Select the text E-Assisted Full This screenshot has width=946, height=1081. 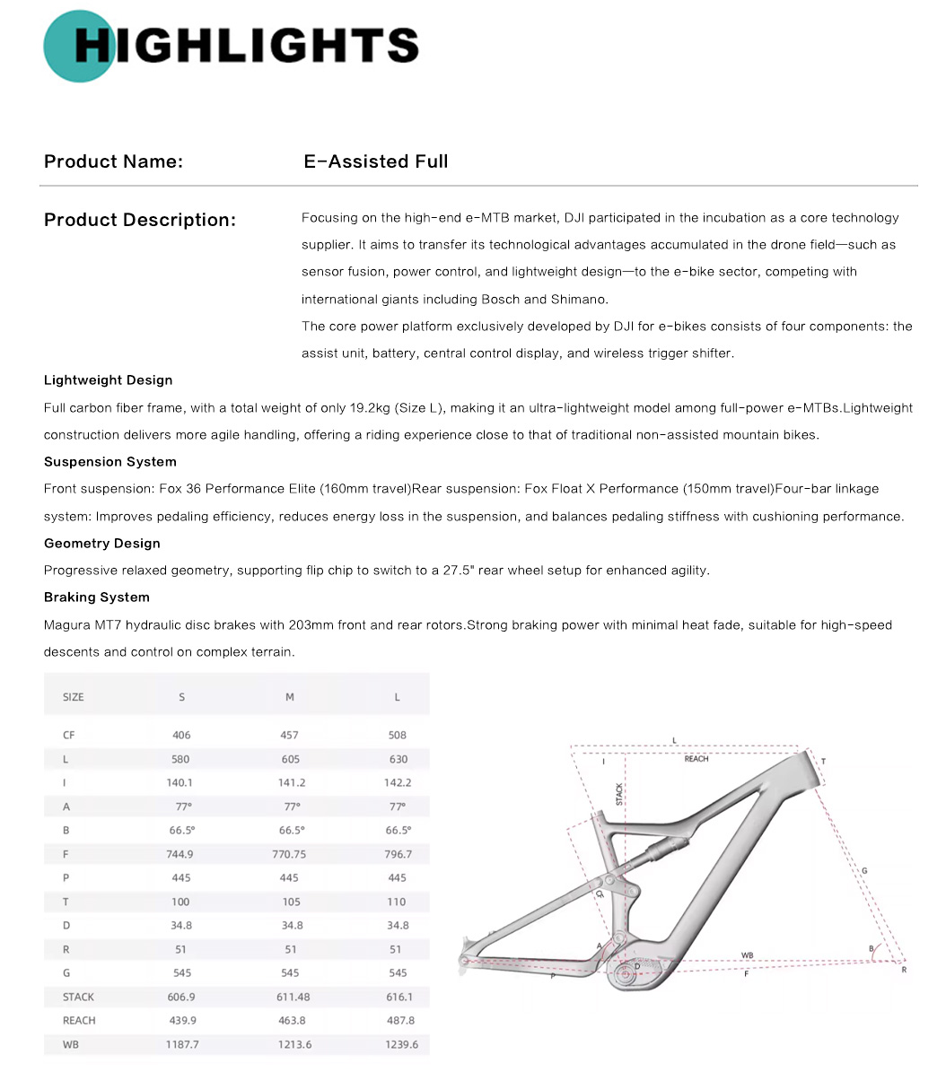point(376,161)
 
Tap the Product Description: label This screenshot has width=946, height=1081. point(140,220)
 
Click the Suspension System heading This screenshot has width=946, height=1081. point(110,462)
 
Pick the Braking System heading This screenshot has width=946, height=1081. point(97,597)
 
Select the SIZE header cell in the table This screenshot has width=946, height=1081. point(74,697)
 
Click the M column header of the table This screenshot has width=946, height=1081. point(289,697)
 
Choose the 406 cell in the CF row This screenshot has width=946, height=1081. point(181,736)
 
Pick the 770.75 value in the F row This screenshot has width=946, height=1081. point(289,855)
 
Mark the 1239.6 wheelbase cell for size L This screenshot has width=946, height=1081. point(398,1044)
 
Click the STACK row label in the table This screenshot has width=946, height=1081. point(79,997)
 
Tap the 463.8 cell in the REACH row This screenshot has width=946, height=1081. point(289,1021)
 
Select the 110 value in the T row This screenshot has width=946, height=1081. point(398,902)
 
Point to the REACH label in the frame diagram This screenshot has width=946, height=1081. point(696,759)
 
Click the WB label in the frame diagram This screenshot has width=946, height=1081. point(747,955)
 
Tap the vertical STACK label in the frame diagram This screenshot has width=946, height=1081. point(619,793)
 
